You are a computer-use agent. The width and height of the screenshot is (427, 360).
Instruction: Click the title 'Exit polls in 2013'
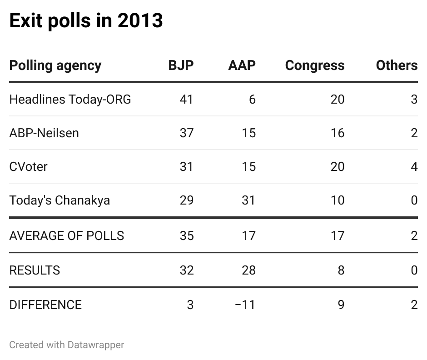[86, 21]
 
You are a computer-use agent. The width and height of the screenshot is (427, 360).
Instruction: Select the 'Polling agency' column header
[55, 65]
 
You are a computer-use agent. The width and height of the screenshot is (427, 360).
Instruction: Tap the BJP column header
[181, 65]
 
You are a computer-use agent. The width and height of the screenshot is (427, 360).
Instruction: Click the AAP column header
[242, 65]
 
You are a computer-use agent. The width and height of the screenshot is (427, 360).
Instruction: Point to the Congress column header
[314, 65]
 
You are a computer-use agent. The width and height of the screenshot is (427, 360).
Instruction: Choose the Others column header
[396, 65]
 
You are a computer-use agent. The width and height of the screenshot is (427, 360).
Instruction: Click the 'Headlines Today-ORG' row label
[70, 99]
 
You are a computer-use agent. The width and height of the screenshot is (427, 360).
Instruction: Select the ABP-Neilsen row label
[44, 133]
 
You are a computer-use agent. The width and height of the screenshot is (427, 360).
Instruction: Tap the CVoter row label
[28, 166]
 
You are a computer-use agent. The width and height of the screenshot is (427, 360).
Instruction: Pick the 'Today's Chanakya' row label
[60, 200]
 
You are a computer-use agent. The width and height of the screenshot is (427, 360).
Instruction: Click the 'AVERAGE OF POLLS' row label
[66, 235]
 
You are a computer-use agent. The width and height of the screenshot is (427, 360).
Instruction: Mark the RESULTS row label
[35, 270]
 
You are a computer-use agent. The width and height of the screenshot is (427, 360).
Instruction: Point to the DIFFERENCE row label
[45, 305]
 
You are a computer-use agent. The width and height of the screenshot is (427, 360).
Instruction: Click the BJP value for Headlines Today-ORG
[186, 99]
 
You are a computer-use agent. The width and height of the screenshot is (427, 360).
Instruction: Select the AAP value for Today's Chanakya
[248, 200]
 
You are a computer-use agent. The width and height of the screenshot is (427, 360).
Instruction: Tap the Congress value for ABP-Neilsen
[337, 133]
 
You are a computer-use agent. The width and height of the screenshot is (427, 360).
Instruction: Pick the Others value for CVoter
[414, 166]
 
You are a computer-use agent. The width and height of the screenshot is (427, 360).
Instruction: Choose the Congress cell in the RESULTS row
[341, 270]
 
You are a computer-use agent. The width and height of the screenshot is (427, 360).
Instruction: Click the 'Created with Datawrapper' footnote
[66, 345]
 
